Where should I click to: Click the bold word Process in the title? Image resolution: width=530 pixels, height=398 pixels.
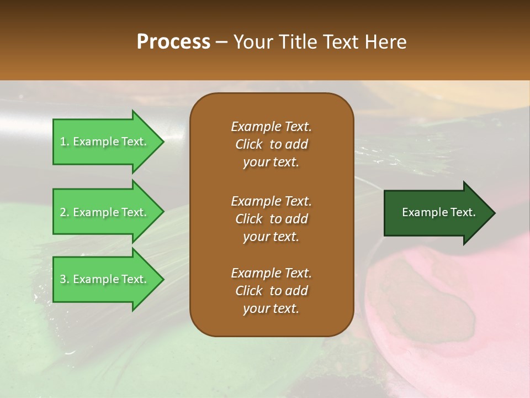pos(173,42)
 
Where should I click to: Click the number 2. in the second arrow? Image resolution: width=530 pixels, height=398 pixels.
pos(65,212)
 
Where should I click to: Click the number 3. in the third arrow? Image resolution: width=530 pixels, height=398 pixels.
pos(65,279)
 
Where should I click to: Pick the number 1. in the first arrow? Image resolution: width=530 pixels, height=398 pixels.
pos(65,142)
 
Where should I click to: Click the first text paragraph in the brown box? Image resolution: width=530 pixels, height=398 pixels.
pos(271,144)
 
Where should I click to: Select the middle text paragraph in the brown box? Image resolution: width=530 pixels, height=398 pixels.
pos(271,218)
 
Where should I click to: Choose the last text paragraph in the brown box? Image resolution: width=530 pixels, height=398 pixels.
pos(271,291)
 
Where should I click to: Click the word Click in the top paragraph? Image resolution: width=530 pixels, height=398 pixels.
pos(248,144)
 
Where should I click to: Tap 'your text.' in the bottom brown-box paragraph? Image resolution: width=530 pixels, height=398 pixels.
pos(271,309)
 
